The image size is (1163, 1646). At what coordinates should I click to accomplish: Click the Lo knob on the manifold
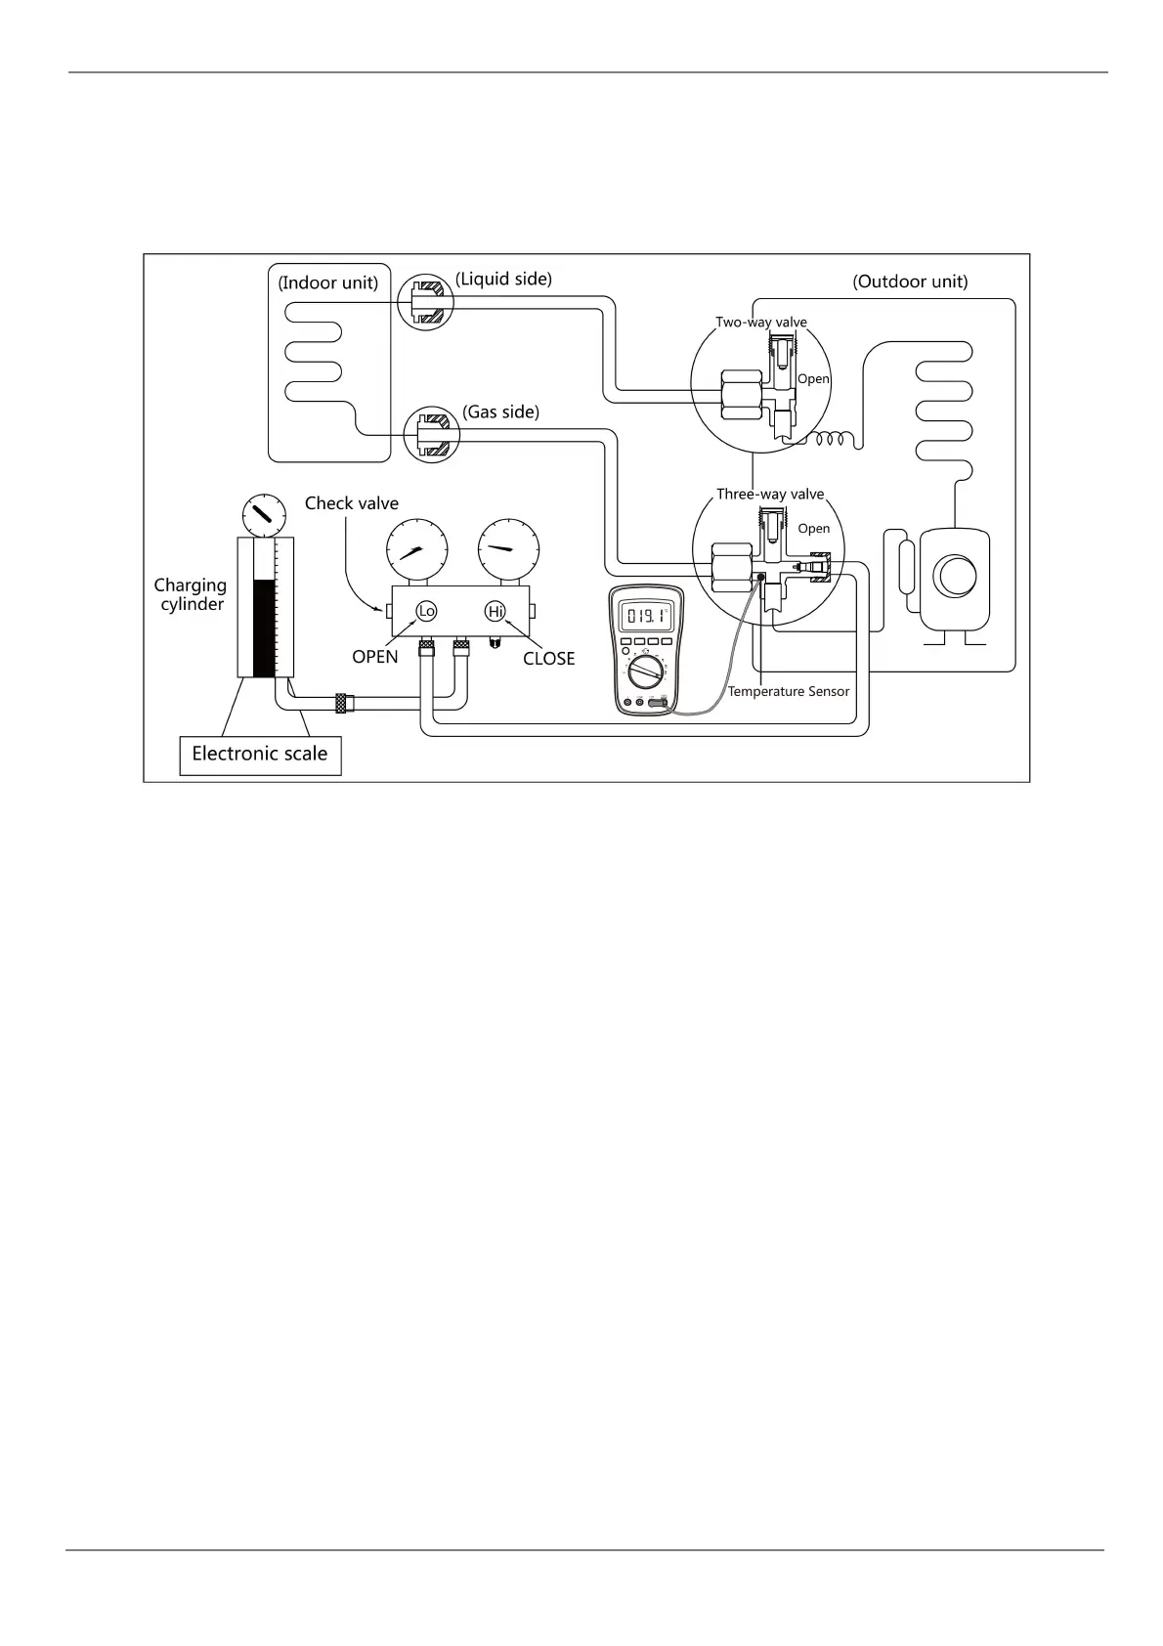(426, 611)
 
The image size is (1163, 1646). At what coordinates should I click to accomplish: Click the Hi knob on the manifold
(495, 611)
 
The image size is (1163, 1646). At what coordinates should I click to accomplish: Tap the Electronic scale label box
(260, 755)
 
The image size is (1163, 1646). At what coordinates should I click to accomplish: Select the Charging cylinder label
(191, 594)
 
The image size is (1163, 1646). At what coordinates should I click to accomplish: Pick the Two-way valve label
(761, 323)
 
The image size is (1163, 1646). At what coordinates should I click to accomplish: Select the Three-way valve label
(770, 495)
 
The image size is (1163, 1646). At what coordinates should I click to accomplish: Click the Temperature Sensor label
(789, 692)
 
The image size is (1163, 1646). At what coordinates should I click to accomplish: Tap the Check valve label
(352, 503)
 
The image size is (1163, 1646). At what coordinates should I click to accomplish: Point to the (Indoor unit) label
(328, 283)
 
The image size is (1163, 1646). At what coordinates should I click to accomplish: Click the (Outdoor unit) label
(910, 282)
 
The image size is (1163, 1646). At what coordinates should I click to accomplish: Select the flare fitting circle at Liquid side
(426, 302)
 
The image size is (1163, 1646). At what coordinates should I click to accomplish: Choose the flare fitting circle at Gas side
(432, 435)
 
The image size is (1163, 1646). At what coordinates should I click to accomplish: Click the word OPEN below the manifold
(375, 657)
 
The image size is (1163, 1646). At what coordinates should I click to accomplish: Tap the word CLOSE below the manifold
(548, 659)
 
